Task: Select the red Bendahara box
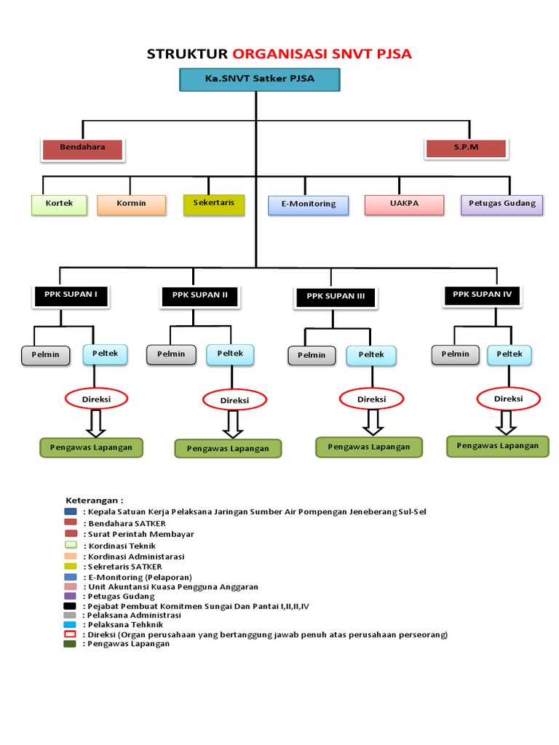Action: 82,148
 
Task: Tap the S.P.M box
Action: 466,148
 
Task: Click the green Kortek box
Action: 59,204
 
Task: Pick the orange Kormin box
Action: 131,204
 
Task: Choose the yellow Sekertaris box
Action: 214,204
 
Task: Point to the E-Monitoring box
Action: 309,205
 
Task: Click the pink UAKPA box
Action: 404,204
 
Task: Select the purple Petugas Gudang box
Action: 502,204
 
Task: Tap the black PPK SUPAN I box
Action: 70,295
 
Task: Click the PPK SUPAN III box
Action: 335,297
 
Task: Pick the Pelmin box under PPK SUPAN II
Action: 171,355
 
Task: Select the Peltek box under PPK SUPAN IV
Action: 510,355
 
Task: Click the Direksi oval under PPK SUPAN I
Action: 96,399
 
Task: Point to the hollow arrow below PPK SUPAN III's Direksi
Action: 373,421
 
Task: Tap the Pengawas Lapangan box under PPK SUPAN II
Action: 228,449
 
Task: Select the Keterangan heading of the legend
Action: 95,501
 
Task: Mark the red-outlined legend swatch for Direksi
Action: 70,634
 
